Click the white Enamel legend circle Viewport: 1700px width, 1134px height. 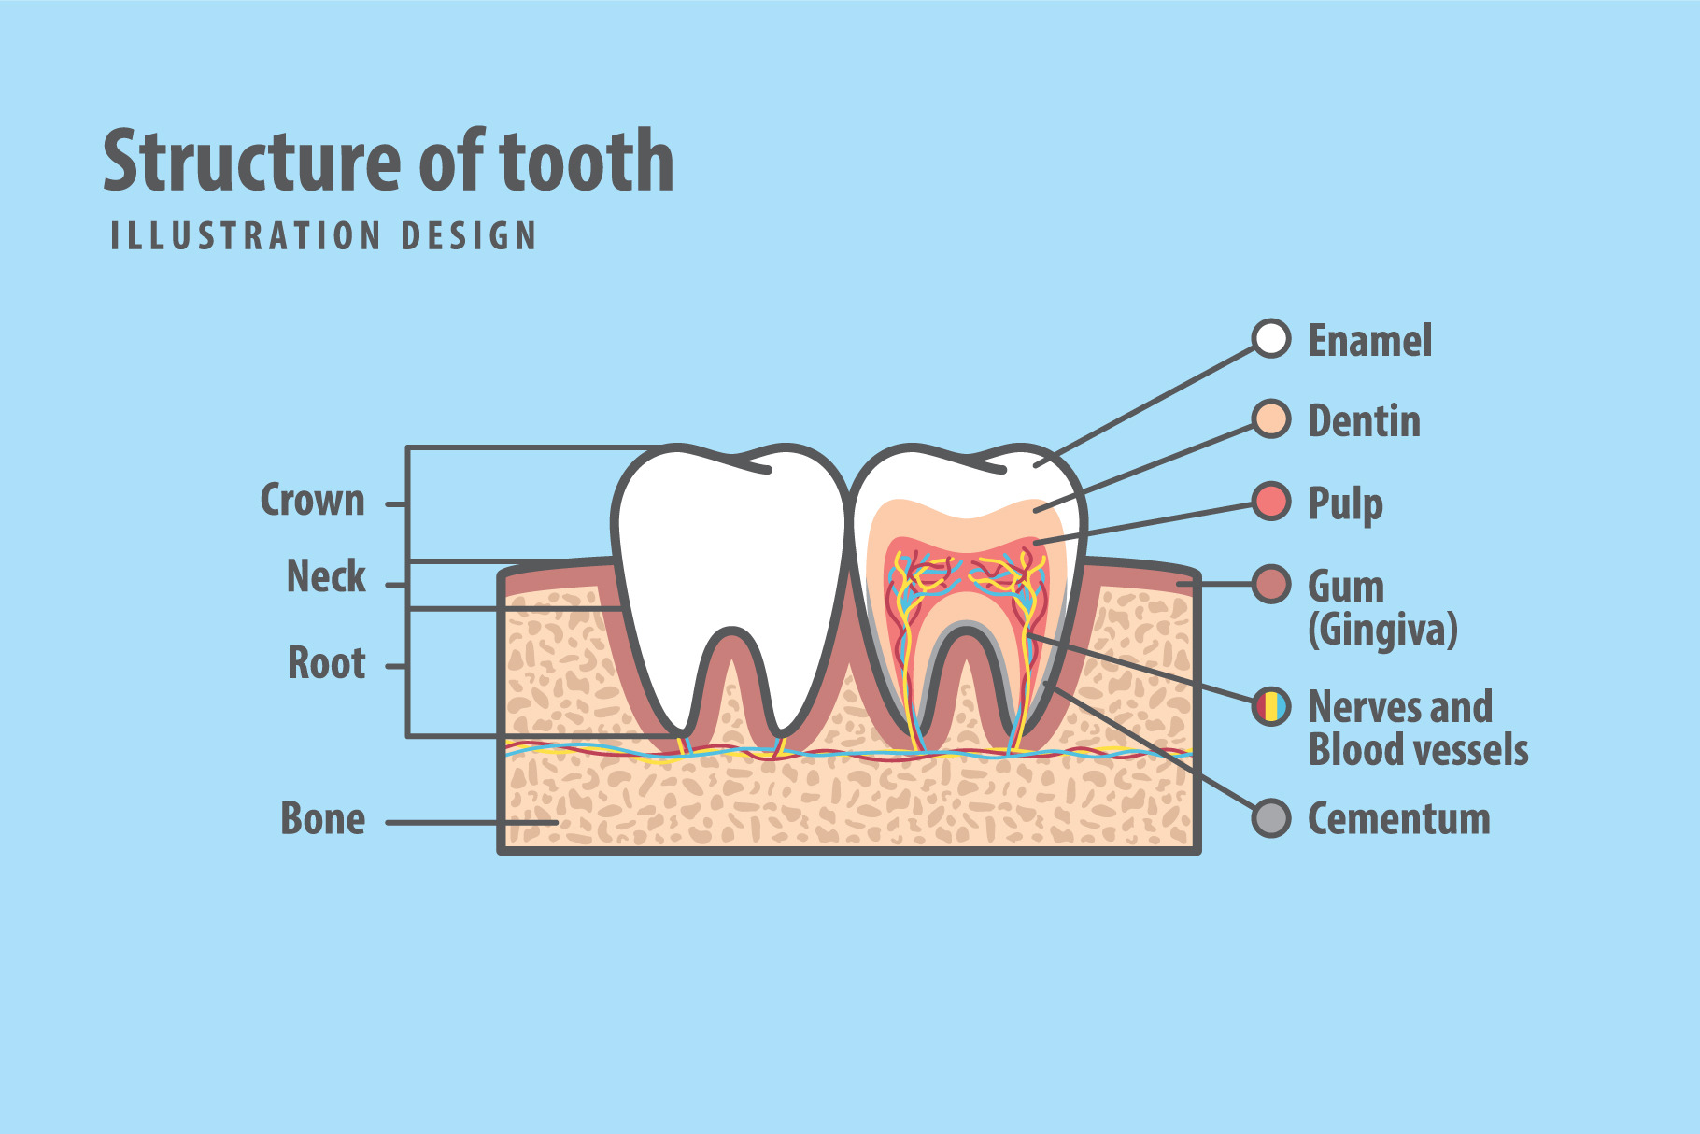(1270, 338)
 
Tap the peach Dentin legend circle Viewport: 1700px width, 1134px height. (1270, 419)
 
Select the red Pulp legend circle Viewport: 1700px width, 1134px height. (1270, 502)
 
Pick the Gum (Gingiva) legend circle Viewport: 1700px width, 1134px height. (1270, 584)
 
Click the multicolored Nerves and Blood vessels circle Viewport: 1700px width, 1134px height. (1270, 706)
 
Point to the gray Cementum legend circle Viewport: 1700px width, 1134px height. (1270, 818)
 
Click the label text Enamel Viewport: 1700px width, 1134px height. (1369, 341)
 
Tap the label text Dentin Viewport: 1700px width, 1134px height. (1364, 421)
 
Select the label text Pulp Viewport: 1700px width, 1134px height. (1345, 504)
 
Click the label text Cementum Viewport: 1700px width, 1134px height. (1398, 819)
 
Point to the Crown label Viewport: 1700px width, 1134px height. (312, 501)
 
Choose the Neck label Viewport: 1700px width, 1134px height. (326, 576)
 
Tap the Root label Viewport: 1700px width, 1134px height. (326, 663)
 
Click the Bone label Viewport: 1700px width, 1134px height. (322, 819)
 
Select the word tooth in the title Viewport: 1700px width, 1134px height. (587, 161)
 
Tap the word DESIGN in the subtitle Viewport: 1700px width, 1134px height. (469, 236)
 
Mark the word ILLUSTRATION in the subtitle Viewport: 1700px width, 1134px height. (246, 236)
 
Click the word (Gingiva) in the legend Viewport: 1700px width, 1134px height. (1382, 630)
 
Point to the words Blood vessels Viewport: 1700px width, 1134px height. (1418, 750)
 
